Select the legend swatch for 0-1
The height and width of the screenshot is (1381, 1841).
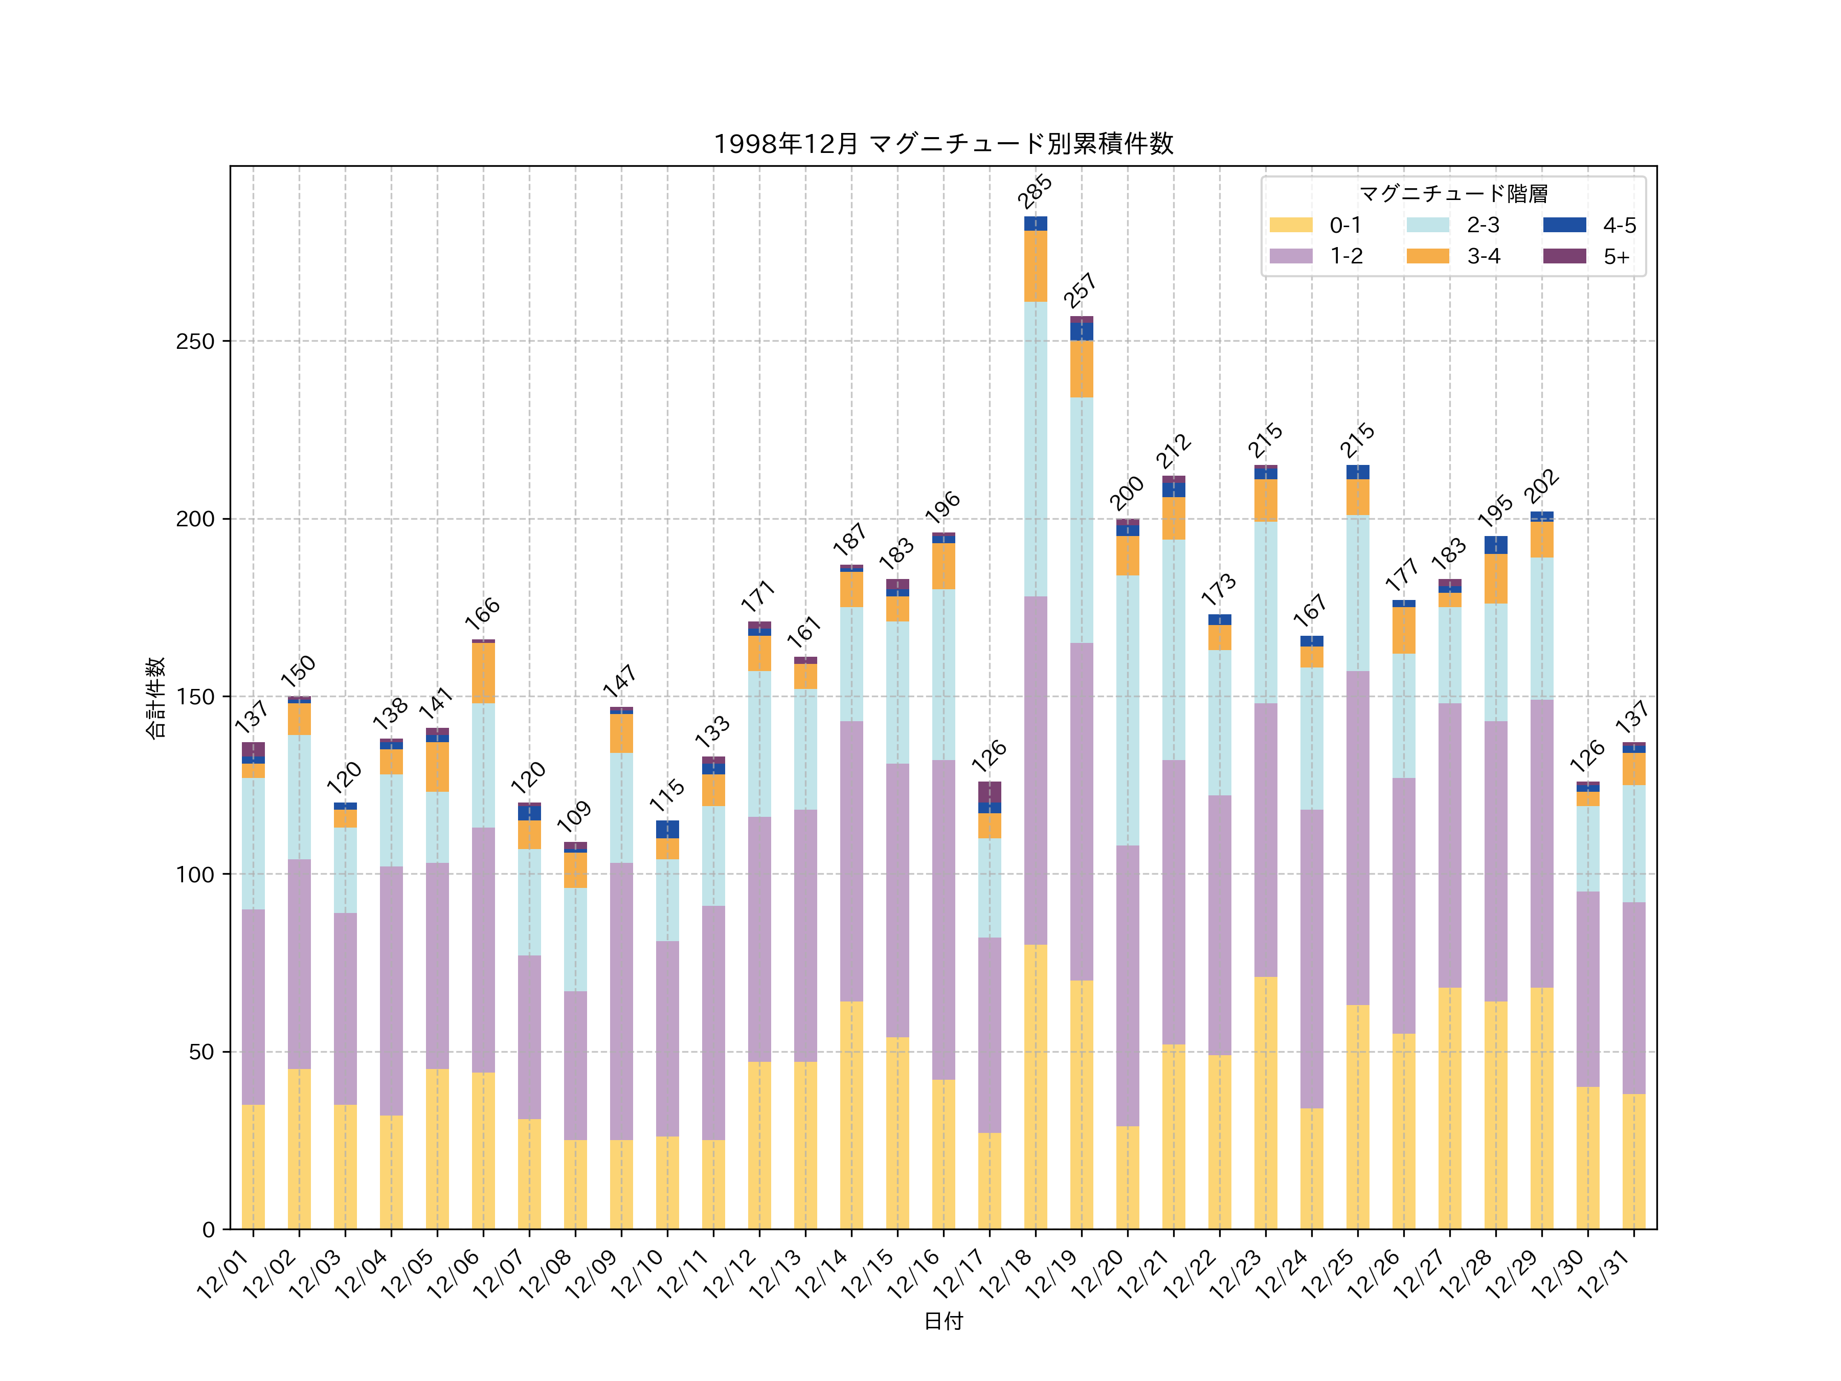click(1290, 225)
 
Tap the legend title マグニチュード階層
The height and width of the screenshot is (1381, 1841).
click(1453, 194)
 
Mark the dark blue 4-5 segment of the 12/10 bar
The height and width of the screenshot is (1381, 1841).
click(667, 829)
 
